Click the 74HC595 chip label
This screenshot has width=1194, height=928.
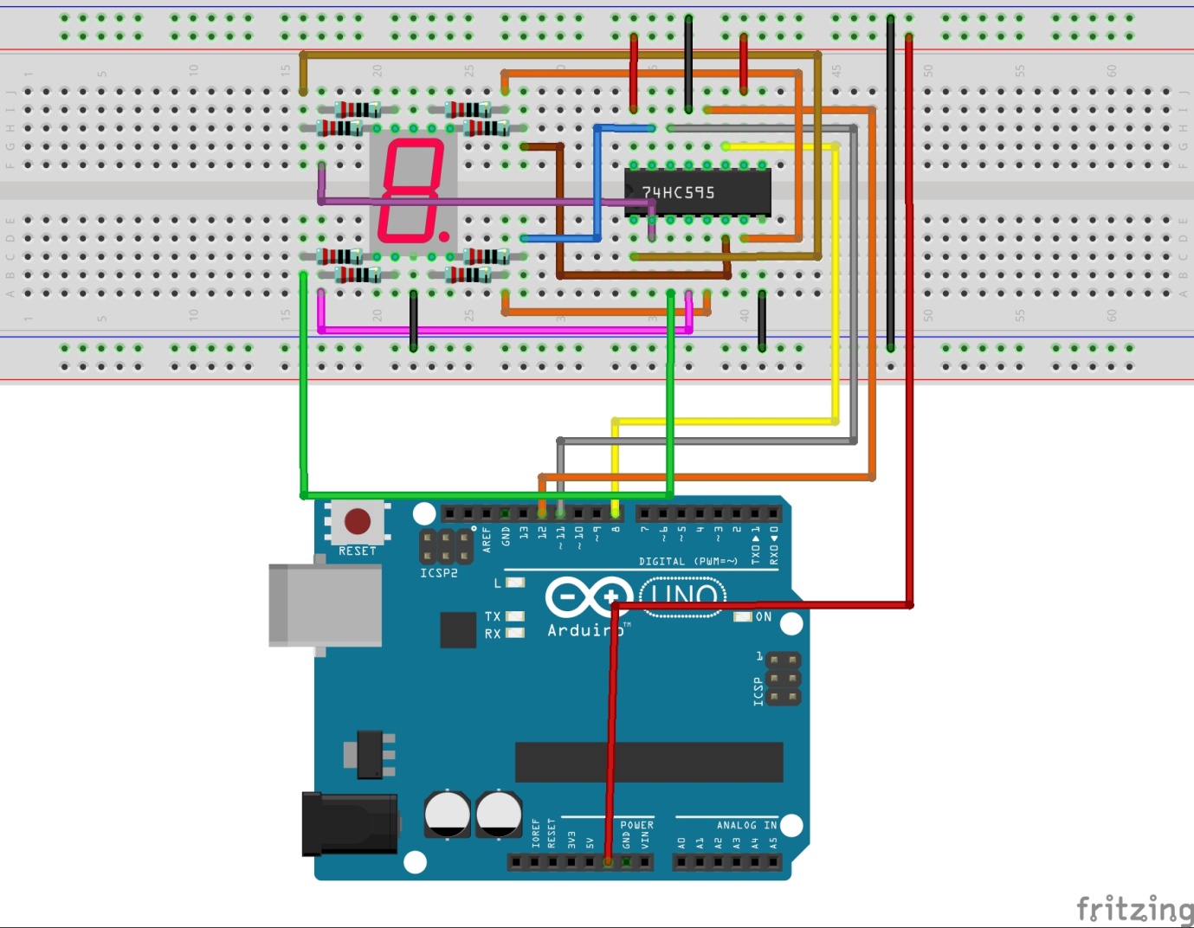point(678,192)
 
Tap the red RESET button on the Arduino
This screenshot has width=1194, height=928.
point(358,521)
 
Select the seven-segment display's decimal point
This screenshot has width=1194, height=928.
point(444,235)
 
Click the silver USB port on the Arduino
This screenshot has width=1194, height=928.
point(325,605)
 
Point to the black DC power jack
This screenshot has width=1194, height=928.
point(349,824)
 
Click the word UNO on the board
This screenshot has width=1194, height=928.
point(683,596)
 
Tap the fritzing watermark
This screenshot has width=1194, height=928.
point(1133,910)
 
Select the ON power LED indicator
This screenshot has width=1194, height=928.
point(742,616)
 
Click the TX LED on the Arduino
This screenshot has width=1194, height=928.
point(515,616)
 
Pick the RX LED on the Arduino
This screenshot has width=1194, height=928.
point(515,633)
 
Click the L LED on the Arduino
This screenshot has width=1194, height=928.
point(515,583)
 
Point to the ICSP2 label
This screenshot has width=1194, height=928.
point(439,573)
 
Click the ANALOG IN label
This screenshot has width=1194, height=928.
point(746,825)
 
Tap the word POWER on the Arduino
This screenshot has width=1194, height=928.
point(636,825)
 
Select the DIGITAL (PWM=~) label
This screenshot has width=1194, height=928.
point(688,562)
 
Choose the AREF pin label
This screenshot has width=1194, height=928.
point(487,540)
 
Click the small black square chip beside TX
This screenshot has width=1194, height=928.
point(458,629)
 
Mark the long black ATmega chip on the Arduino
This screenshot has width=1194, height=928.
point(649,762)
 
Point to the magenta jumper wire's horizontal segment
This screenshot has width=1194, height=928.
point(502,330)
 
